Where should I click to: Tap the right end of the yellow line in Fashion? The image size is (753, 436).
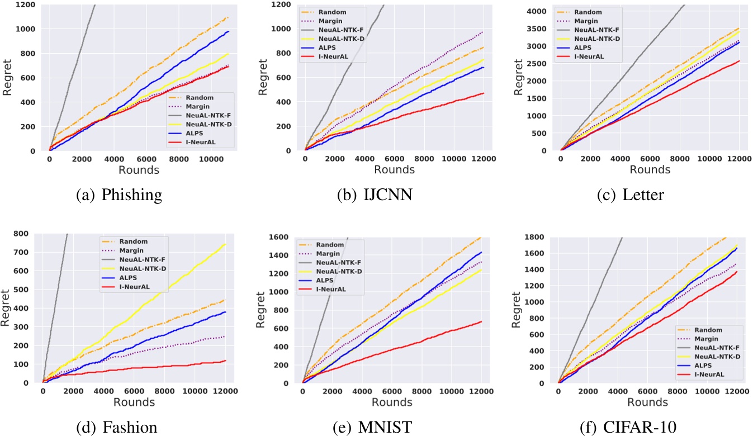click(x=225, y=244)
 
